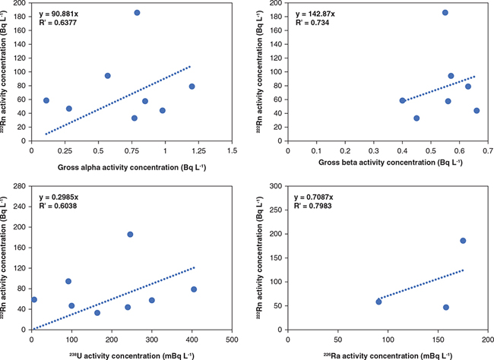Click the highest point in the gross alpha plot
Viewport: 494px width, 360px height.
(137, 13)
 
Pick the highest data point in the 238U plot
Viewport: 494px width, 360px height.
(130, 235)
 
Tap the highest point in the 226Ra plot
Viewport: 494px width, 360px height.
(463, 241)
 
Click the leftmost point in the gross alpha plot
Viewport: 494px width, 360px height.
(46, 100)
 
